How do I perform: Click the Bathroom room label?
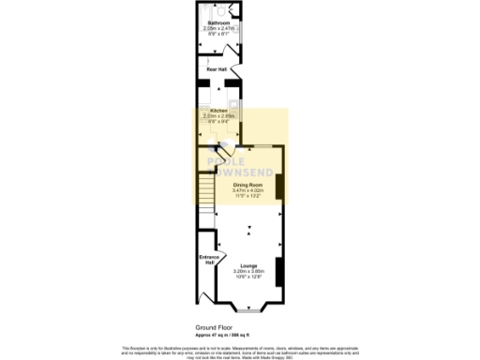[217, 22]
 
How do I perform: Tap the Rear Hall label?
[217, 68]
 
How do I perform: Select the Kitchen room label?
[218, 110]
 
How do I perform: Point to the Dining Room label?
[248, 186]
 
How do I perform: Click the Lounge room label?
[248, 265]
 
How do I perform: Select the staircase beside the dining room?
[206, 193]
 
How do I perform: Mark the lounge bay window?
[248, 307]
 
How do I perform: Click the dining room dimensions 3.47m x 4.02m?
[248, 191]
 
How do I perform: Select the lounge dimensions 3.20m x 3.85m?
[248, 271]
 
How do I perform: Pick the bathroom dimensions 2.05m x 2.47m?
[217, 28]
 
